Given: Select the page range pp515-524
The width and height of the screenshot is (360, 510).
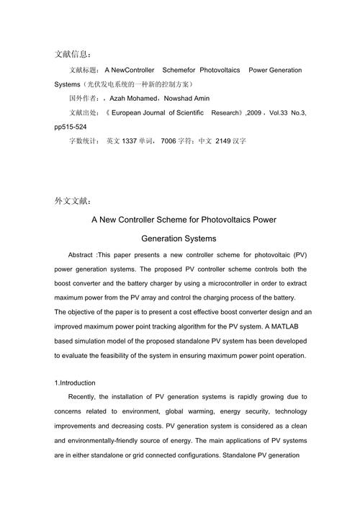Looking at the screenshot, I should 72,126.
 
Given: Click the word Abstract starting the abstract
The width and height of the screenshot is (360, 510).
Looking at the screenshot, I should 80,256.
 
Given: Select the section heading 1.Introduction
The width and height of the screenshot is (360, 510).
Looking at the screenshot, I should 75,382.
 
